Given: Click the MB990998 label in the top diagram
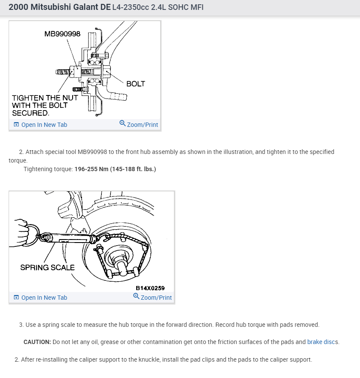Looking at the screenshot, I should (62, 34).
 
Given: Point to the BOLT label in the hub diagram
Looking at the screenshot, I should (136, 84).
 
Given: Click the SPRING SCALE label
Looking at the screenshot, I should (47, 267).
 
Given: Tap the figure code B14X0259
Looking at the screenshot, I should (150, 288).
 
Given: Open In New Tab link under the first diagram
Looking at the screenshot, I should (44, 125).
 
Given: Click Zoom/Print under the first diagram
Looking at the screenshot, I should (143, 125).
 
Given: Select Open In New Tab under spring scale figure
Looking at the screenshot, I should (44, 298).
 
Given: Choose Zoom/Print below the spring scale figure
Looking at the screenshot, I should (156, 298).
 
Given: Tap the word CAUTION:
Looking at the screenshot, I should (37, 342).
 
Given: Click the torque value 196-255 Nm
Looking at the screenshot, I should (92, 169).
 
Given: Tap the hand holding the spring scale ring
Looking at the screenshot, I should (19, 232).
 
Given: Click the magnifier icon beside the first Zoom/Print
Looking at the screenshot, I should (122, 124).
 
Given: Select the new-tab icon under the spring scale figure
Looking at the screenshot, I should (16, 298).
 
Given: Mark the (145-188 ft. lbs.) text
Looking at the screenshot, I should (133, 169).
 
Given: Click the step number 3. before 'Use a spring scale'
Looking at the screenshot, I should (21, 325).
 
